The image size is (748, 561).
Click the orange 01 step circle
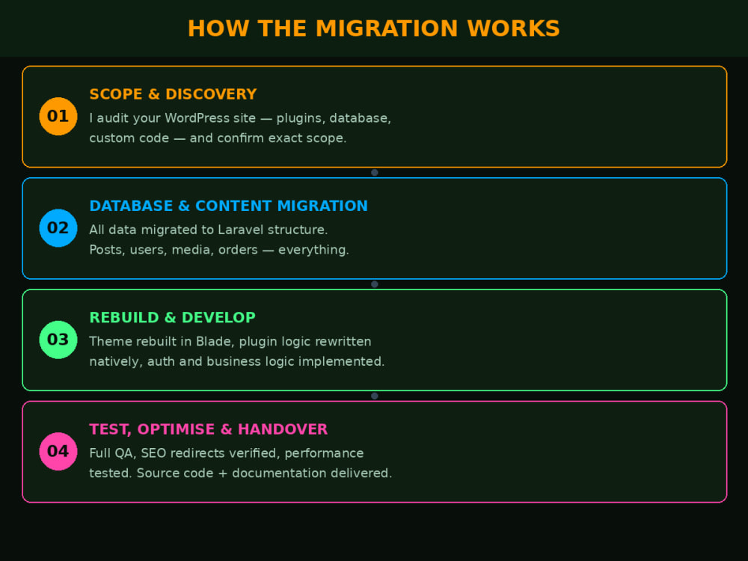[x=58, y=117]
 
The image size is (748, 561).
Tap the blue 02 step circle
[x=58, y=228]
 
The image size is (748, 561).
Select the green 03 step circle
[x=58, y=340]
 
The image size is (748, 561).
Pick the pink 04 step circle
[x=58, y=451]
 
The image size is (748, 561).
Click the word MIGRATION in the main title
[x=387, y=28]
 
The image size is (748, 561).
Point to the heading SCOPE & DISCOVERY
[x=174, y=94]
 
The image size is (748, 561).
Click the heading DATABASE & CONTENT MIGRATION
[x=228, y=206]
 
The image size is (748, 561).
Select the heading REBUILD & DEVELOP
[x=172, y=318]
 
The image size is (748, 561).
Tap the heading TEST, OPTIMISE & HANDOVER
[x=209, y=429]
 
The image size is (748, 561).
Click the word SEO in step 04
[x=153, y=453]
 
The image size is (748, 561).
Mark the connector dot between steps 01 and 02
[x=375, y=173]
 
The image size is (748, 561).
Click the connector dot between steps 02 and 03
[x=375, y=284]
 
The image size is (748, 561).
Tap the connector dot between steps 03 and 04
[x=375, y=396]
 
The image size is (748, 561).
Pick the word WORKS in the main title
[x=513, y=28]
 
